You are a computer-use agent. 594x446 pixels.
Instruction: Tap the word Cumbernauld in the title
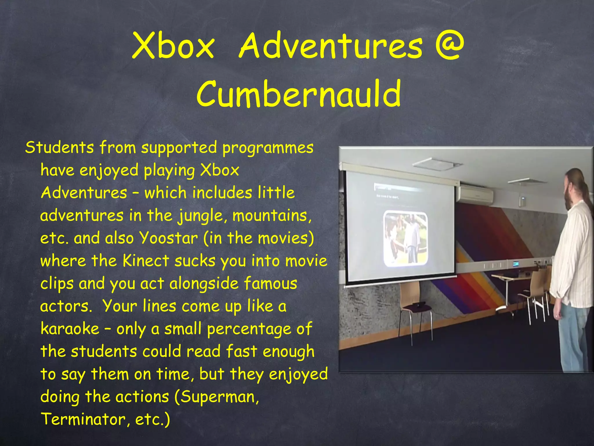[x=299, y=93]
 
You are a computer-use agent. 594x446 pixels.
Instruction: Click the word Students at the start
[x=59, y=147]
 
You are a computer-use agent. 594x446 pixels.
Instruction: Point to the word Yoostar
[x=169, y=238]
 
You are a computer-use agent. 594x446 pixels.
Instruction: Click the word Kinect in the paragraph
[x=146, y=260]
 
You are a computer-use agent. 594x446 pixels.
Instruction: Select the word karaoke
[x=70, y=329]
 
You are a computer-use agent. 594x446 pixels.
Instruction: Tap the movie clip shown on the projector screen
[x=405, y=239]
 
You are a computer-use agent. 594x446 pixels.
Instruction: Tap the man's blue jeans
[x=573, y=337]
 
